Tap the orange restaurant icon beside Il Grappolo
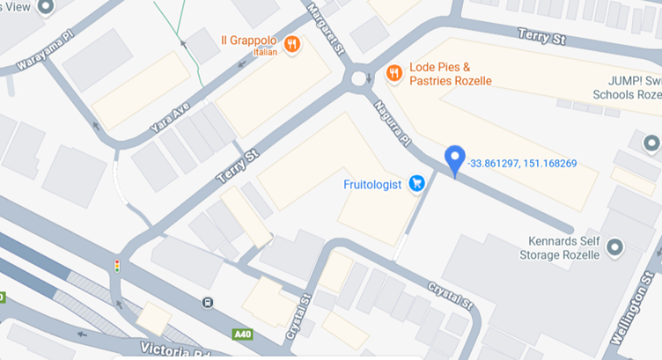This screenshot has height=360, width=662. point(292,43)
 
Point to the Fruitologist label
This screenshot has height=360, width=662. point(372,185)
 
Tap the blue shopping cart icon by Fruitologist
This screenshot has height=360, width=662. point(418,184)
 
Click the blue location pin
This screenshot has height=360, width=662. point(454,159)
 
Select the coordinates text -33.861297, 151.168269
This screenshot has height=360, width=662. point(522,163)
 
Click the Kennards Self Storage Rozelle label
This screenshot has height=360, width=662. point(563,248)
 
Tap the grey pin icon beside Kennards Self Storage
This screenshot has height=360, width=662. point(615,248)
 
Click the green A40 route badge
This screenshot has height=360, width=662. point(243,334)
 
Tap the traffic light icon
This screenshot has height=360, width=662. point(116,265)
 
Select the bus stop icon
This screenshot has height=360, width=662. point(207,304)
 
